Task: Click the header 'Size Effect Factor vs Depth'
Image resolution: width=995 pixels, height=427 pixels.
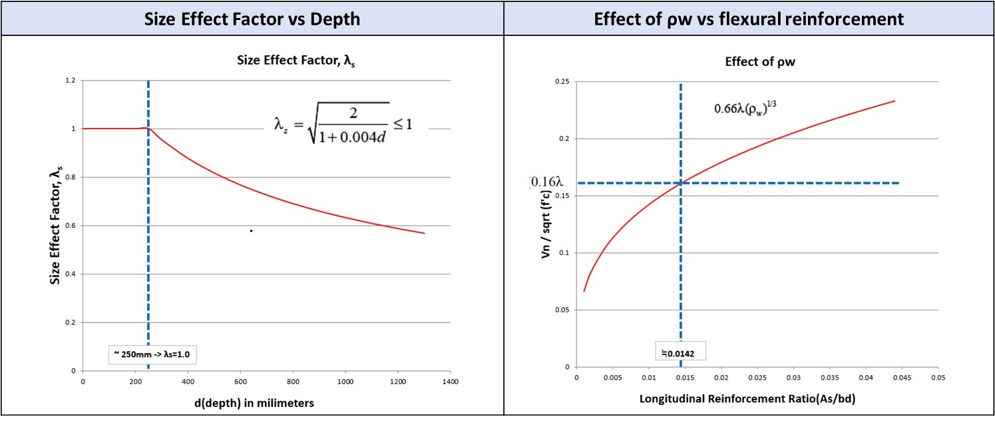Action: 252,19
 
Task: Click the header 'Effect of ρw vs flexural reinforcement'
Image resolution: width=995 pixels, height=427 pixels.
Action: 749,19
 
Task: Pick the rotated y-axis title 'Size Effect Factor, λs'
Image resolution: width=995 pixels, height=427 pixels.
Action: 56,224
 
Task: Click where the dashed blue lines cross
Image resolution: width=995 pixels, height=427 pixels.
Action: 680,183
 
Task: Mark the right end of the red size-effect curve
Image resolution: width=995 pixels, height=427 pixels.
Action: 424,233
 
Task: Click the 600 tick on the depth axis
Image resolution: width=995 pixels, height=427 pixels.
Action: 240,382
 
